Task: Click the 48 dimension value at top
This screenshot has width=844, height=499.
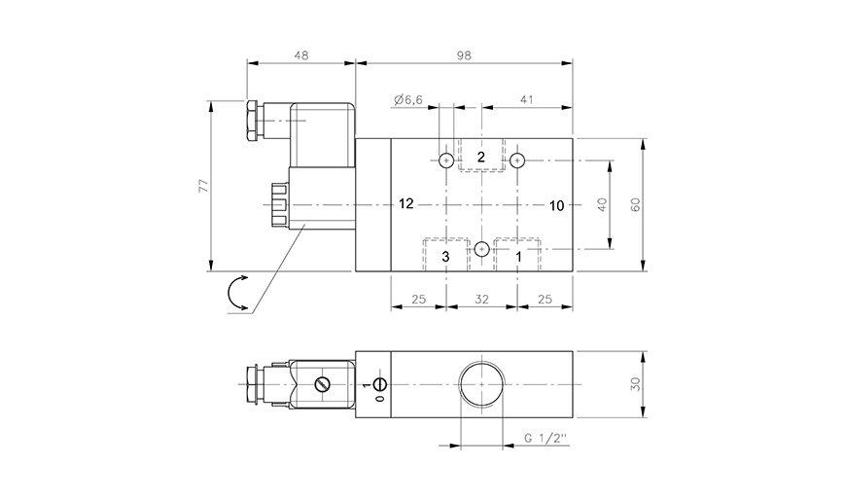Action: tap(302, 55)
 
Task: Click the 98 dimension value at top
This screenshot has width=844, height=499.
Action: tap(464, 55)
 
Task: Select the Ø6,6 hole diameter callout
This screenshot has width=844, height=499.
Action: tap(408, 99)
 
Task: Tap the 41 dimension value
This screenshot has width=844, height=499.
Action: tap(527, 99)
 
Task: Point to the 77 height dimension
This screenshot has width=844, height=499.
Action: tap(203, 186)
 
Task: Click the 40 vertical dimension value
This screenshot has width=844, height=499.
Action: tap(602, 204)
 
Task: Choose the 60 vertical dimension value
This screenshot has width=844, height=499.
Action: tap(636, 204)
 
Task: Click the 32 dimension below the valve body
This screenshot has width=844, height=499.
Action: tap(481, 300)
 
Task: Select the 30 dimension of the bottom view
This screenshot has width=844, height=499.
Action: tap(636, 384)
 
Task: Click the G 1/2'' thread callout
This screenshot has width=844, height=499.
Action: tap(546, 438)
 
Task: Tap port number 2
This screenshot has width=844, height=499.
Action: tap(481, 157)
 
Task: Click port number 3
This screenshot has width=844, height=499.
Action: tap(445, 257)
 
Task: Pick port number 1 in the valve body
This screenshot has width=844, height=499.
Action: tap(519, 257)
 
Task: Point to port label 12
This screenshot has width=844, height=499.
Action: tap(406, 203)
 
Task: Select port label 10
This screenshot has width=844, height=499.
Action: tap(556, 205)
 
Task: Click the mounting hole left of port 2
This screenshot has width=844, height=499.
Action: tap(446, 160)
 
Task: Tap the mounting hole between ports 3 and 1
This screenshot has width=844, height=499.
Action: tap(481, 249)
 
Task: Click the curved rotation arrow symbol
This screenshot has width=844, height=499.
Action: tap(230, 294)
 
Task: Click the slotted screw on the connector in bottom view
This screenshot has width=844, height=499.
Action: tap(321, 384)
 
